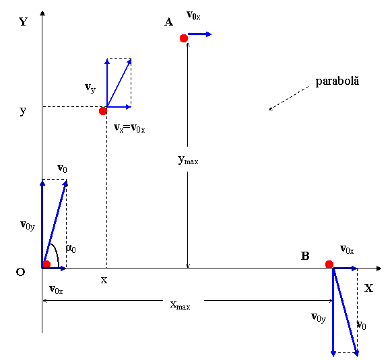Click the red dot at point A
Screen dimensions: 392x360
click(184, 38)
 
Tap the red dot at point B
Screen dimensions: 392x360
click(329, 264)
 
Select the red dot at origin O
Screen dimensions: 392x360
click(46, 264)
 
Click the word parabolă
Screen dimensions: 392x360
click(337, 81)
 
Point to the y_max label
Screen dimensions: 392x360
click(188, 159)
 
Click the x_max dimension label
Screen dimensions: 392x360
click(180, 305)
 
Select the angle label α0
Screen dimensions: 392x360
click(71, 248)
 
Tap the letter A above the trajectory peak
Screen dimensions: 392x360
click(168, 22)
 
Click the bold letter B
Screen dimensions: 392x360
click(305, 256)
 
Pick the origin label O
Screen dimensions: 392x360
click(20, 272)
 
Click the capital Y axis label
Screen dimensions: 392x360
click(24, 22)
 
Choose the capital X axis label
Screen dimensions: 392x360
click(368, 288)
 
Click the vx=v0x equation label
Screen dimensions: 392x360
click(129, 128)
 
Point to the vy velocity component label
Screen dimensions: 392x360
click(90, 88)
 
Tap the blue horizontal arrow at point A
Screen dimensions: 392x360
click(200, 34)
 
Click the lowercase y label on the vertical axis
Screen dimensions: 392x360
click(23, 110)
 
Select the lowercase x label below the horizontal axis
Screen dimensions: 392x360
click(104, 281)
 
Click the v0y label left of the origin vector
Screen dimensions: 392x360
click(28, 225)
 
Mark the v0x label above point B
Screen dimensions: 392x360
click(347, 250)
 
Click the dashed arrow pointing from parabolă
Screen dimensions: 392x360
click(289, 98)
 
